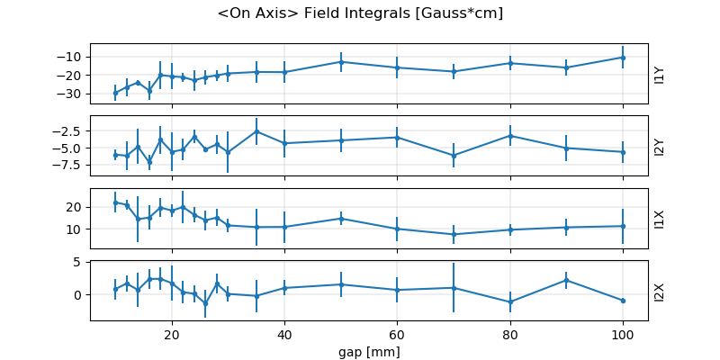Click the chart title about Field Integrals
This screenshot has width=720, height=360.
pyautogui.click(x=360, y=13)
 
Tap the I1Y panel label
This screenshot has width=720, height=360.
pyautogui.click(x=660, y=74)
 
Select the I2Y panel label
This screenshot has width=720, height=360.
pyautogui.click(x=660, y=146)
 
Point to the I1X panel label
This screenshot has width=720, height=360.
pyautogui.click(x=660, y=218)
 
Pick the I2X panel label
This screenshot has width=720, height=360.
pyautogui.click(x=660, y=291)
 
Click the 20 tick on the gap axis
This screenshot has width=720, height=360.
pyautogui.click(x=172, y=335)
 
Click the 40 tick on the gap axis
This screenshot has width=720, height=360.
pyautogui.click(x=284, y=335)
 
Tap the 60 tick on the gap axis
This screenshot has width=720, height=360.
pyautogui.click(x=397, y=335)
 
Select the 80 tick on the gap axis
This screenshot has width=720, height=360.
pyautogui.click(x=510, y=335)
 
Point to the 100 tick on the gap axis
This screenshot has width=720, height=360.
pyautogui.click(x=623, y=335)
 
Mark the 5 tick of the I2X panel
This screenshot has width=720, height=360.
pyautogui.click(x=79, y=263)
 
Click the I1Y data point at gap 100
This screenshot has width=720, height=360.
pyautogui.click(x=623, y=58)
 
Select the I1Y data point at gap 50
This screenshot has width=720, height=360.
pyautogui.click(x=341, y=62)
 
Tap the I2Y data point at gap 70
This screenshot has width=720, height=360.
pyautogui.click(x=454, y=156)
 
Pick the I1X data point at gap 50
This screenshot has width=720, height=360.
pyautogui.click(x=341, y=218)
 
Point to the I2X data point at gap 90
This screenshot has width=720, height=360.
pyautogui.click(x=566, y=280)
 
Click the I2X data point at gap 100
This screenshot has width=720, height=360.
pyautogui.click(x=623, y=301)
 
